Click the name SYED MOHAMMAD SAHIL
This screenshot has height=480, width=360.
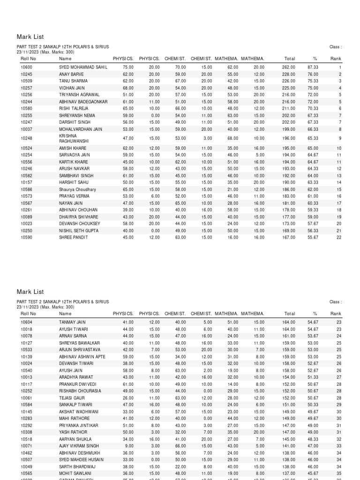(x=83, y=67)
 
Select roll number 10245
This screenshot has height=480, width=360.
(x=26, y=74)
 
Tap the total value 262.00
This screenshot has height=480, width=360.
(x=288, y=67)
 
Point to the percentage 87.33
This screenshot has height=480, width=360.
(x=313, y=67)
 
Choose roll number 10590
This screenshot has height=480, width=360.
(x=26, y=237)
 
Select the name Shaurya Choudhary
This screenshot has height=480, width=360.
(x=77, y=189)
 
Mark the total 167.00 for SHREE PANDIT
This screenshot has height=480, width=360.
(x=288, y=237)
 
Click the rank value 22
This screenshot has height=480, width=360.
(x=338, y=237)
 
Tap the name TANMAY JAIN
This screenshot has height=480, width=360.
(x=72, y=322)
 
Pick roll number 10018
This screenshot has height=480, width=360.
(x=26, y=329)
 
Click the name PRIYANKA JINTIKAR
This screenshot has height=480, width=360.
(x=79, y=425)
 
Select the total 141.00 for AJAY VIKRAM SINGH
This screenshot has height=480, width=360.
(x=288, y=446)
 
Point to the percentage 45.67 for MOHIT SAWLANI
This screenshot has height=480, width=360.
(x=313, y=473)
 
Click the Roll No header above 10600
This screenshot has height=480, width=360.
(x=28, y=59)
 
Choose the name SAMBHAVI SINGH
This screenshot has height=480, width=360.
(x=76, y=176)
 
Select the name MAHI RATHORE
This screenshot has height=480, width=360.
(x=74, y=418)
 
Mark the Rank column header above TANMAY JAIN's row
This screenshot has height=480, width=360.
(x=336, y=314)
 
